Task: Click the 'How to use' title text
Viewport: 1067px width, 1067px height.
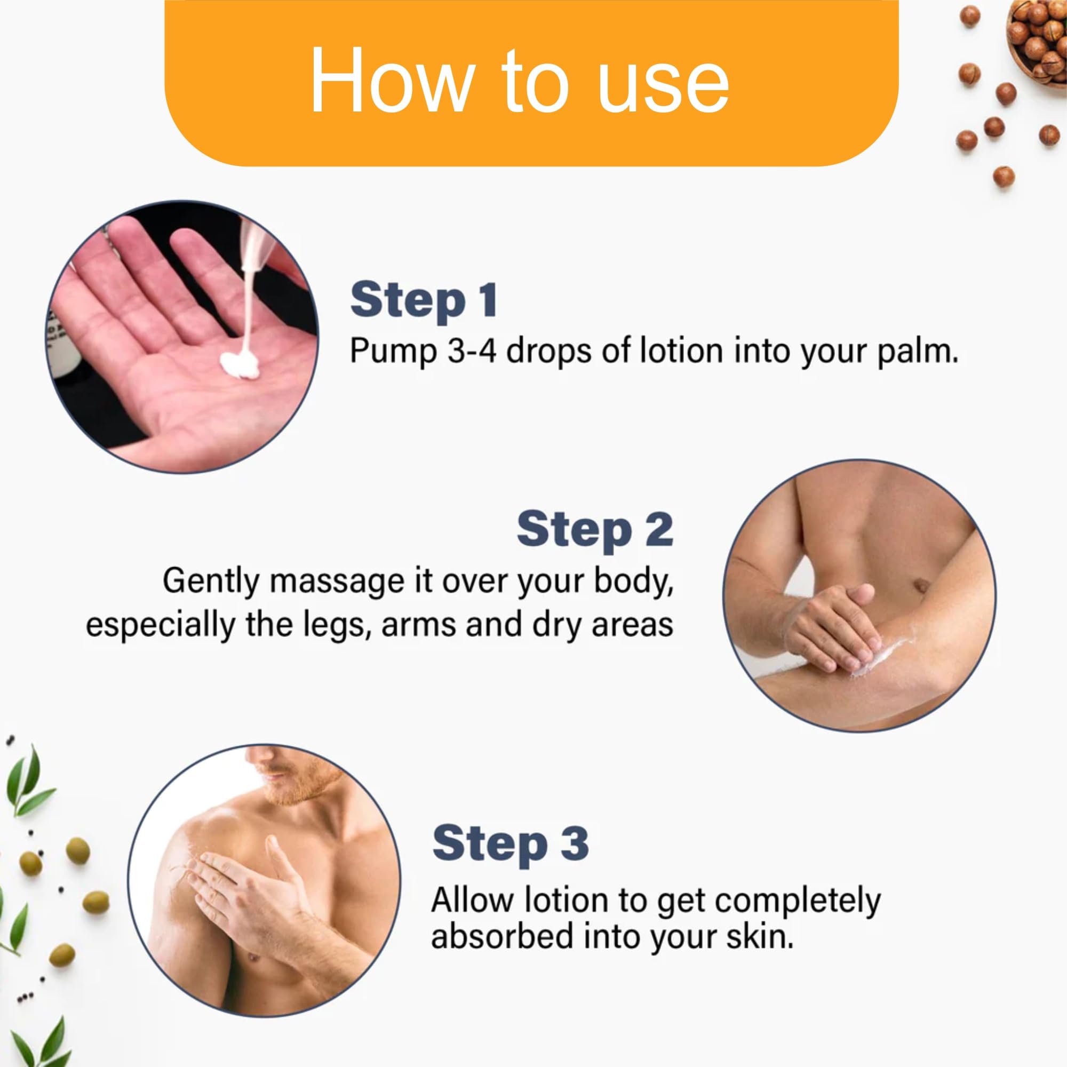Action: (519, 81)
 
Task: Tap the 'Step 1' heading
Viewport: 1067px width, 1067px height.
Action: (424, 300)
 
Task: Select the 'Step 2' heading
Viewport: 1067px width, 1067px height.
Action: (595, 529)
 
